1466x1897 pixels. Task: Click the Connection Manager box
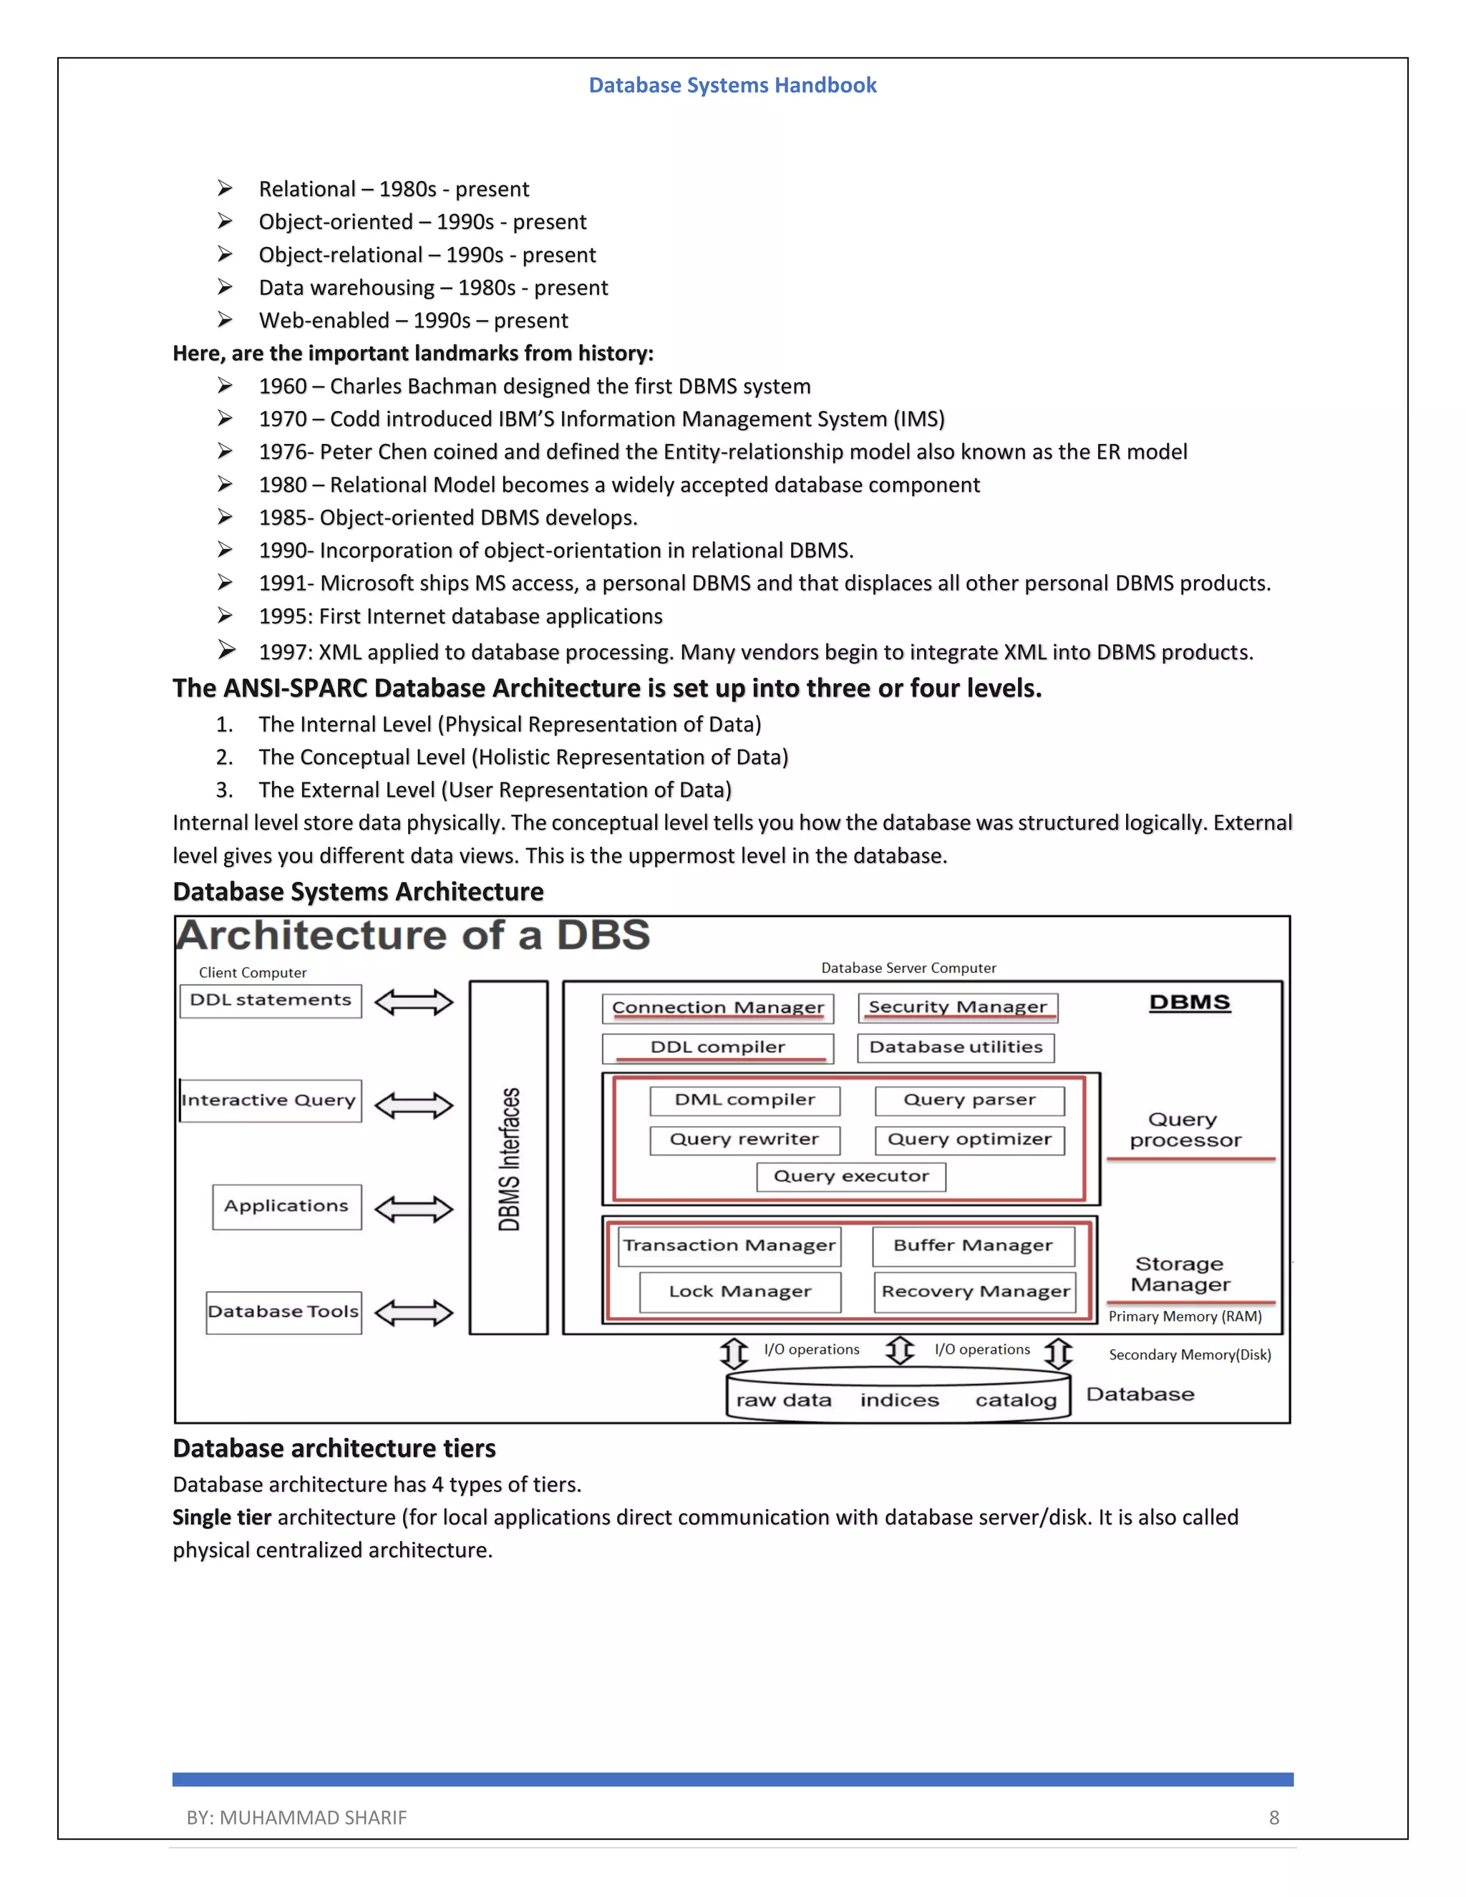tap(717, 1008)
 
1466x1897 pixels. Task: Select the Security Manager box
tap(957, 1006)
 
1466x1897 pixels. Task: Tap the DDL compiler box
tap(717, 1047)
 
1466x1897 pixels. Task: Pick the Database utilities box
tap(956, 1047)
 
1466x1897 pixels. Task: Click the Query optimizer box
tap(969, 1140)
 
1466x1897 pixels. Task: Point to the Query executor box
tap(851, 1176)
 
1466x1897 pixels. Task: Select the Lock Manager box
tap(740, 1291)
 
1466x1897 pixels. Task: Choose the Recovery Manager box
tap(974, 1291)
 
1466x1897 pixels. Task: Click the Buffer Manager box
tap(973, 1246)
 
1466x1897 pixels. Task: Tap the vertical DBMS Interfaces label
tap(509, 1159)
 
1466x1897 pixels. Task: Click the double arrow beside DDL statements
tap(414, 1002)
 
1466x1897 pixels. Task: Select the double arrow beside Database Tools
tap(414, 1312)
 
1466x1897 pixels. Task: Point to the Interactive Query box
tap(270, 1100)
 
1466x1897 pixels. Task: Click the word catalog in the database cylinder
tap(1015, 1400)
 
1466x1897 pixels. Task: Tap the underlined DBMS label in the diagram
tap(1189, 1002)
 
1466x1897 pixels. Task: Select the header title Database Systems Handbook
tap(732, 85)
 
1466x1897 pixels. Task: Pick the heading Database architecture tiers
tap(334, 1449)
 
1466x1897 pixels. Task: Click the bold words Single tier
tap(221, 1518)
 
